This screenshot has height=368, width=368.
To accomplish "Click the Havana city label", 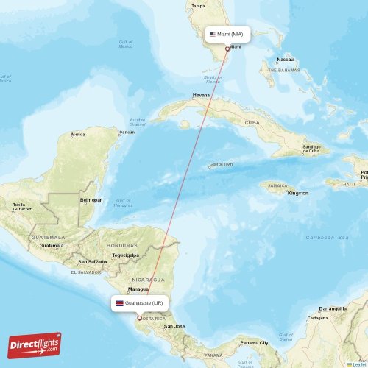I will pyautogui.click(x=201, y=96).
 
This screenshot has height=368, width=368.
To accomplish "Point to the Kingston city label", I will pyautogui.click(x=298, y=193).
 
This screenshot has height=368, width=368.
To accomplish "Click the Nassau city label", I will pyautogui.click(x=286, y=60).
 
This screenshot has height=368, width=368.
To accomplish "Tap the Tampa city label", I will pyautogui.click(x=198, y=6).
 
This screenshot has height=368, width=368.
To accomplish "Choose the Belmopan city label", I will pyautogui.click(x=91, y=199).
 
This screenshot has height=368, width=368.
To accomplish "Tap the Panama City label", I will pyautogui.click(x=254, y=342).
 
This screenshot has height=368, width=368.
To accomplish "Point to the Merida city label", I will pyautogui.click(x=77, y=135).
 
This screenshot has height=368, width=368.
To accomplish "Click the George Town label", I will pyautogui.click(x=221, y=165).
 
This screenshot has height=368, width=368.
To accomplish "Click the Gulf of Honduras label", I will pyautogui.click(x=123, y=202).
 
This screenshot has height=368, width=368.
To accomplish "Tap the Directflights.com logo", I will pyautogui.click(x=35, y=344).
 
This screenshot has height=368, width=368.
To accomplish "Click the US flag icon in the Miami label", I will pyautogui.click(x=212, y=34).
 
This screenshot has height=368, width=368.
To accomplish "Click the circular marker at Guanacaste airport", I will pyautogui.click(x=139, y=318).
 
